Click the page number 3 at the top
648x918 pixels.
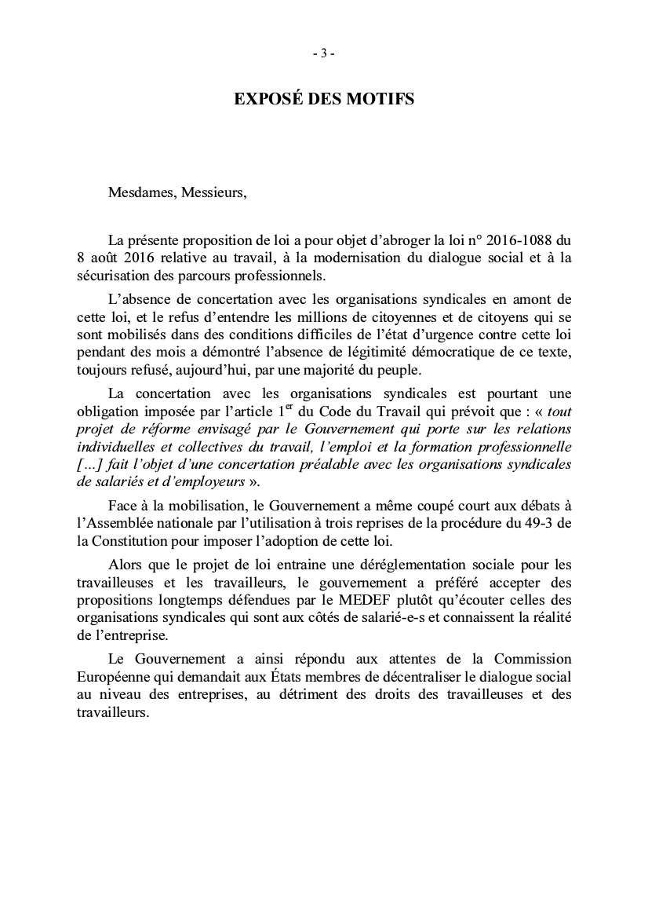click(324, 53)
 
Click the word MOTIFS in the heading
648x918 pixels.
click(382, 99)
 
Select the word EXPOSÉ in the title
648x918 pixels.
click(266, 99)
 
